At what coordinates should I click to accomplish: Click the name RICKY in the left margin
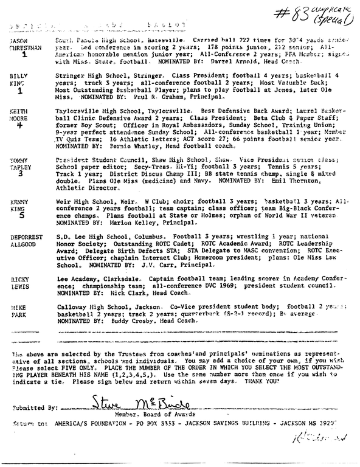pos(19,279)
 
